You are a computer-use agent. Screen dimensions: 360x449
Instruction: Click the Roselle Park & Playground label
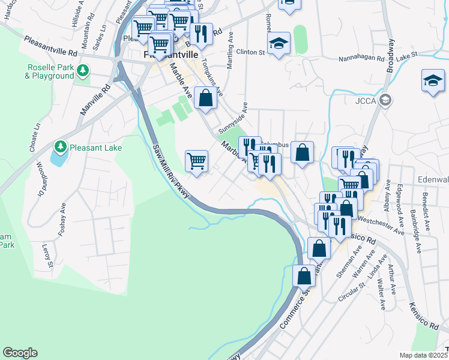coord(49,71)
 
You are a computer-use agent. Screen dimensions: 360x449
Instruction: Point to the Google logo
coord(20,353)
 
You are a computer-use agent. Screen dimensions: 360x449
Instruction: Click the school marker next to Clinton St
coord(279,44)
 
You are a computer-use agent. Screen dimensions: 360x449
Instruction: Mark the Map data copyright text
coord(424,355)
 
